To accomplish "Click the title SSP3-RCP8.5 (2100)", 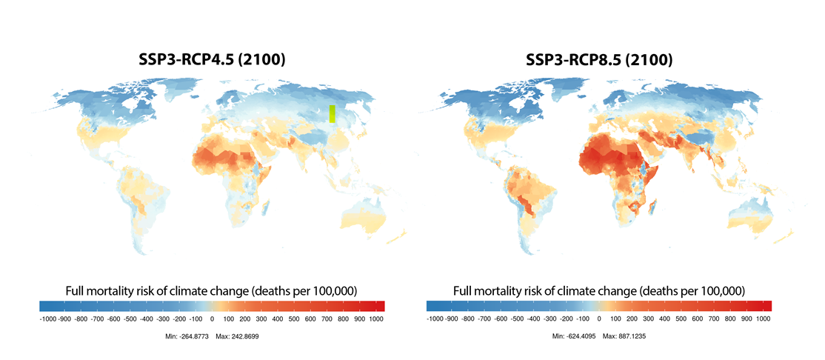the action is tap(599, 60).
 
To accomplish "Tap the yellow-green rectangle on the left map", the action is tap(332, 113).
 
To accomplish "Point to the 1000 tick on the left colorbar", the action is tap(376, 319).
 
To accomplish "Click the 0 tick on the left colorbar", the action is tap(212, 319).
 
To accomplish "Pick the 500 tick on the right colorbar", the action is tap(681, 319).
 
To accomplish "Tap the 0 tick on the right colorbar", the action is tap(599, 319).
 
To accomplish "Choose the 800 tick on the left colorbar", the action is tap(344, 319).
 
